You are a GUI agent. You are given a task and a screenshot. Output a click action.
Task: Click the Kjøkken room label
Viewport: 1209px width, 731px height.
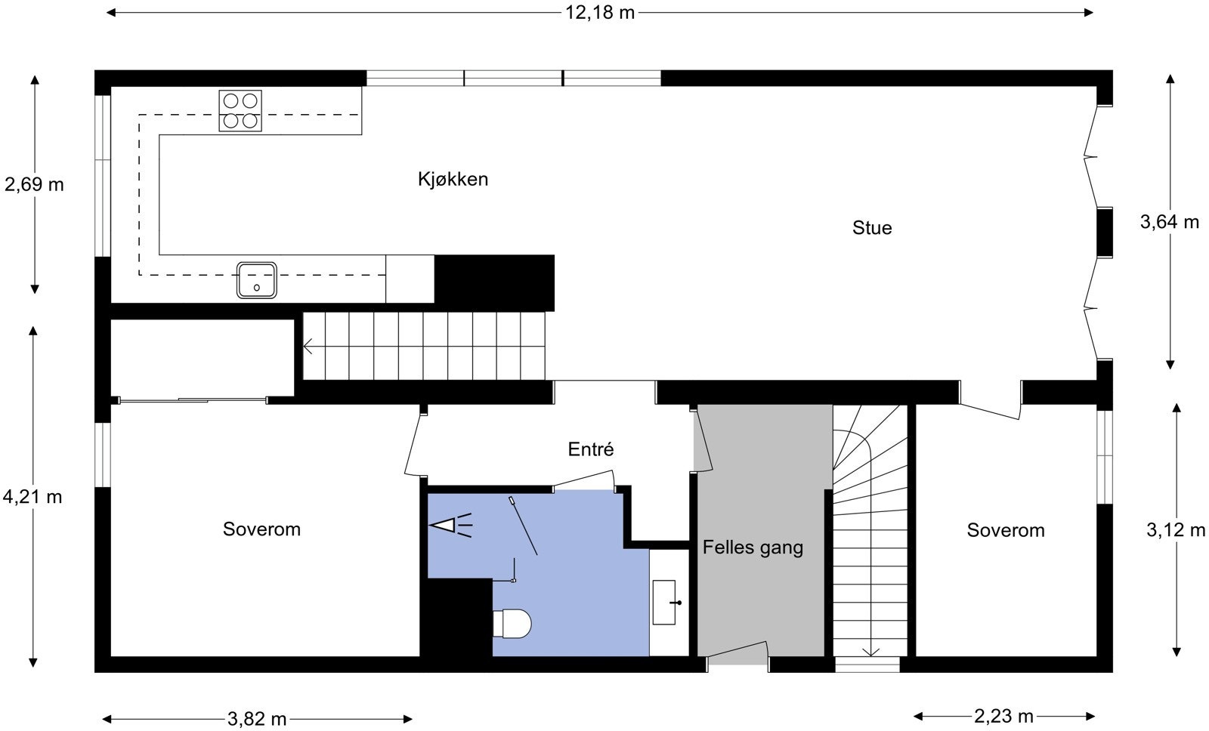453,180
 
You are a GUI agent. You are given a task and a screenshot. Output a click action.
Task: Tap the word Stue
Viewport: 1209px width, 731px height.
872,228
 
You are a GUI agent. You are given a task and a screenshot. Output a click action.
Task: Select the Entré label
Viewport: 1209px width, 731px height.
591,450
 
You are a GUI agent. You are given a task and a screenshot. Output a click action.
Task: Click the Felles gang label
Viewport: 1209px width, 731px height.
753,547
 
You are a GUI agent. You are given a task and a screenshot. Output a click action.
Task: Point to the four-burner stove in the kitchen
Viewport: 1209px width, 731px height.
240,110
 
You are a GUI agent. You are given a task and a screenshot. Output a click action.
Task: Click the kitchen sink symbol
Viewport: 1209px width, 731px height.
256,280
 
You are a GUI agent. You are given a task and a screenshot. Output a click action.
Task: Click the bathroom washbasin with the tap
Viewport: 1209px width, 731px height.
665,602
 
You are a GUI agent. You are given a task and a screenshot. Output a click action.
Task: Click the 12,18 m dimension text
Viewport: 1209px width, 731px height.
600,12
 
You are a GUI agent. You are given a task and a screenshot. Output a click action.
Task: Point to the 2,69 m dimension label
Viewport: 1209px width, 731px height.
34,184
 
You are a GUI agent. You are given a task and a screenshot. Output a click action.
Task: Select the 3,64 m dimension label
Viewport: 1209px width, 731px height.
1169,222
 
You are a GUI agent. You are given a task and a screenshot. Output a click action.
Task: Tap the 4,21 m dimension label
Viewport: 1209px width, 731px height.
32,497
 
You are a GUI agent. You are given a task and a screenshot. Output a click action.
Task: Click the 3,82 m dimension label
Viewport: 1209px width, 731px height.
257,719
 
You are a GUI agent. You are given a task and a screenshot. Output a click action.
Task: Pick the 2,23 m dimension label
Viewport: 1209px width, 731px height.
1003,716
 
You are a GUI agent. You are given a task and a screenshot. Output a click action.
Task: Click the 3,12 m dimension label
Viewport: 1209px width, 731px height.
1176,530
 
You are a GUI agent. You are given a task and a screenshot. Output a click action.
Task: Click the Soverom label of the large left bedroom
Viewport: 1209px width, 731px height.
261,529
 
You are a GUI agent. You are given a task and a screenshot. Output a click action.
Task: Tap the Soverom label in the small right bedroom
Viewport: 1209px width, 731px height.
1006,531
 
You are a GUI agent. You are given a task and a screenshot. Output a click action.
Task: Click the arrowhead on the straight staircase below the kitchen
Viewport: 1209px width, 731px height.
308,347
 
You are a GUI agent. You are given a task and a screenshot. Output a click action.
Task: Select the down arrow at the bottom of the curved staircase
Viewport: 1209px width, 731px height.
871,651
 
